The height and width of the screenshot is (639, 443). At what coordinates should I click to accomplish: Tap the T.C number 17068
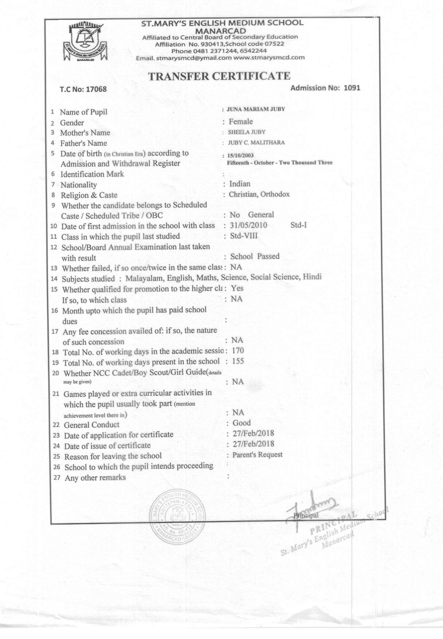coord(96,89)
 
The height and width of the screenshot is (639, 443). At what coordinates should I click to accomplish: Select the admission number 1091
coord(352,87)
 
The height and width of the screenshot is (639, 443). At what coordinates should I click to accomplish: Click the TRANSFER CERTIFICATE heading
coord(219,76)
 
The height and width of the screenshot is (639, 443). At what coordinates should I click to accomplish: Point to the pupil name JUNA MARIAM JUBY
coord(256,109)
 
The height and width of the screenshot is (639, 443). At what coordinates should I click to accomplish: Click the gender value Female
coord(240,121)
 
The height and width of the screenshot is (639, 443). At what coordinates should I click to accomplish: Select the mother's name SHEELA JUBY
coord(247,132)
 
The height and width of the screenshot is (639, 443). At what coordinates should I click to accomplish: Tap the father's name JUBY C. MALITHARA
coord(256,143)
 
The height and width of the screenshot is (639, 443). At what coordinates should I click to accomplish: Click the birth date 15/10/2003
coord(240,156)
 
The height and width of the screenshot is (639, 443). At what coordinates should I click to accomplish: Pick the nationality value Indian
coord(239,184)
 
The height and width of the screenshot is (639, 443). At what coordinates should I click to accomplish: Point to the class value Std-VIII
coord(243,235)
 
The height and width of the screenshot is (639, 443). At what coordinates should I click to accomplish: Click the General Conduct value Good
coord(242,423)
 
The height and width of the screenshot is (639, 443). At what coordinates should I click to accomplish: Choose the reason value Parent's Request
coord(257,455)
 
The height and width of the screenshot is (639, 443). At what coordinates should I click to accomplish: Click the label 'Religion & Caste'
coord(89,195)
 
